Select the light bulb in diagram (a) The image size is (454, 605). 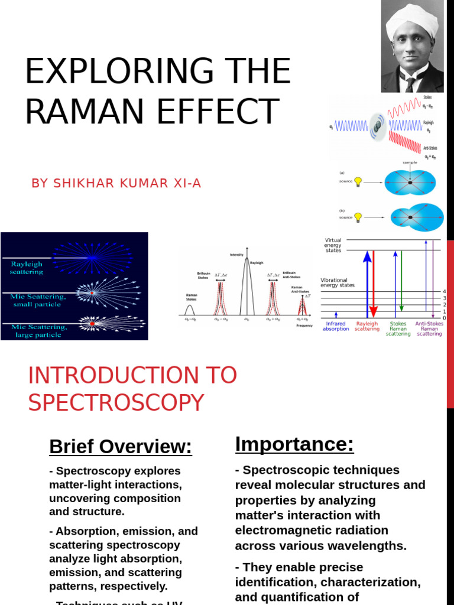358,181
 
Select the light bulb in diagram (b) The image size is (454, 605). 358,217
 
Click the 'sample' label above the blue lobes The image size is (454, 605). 410,162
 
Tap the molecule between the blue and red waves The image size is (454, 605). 377,126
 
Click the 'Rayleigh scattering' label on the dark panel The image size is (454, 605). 27,268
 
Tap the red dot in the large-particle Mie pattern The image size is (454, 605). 92,324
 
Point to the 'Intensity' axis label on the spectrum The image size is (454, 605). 236,255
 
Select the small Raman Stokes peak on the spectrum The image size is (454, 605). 190,310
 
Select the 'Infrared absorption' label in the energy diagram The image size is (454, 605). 336,326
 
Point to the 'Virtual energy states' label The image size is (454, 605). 333,245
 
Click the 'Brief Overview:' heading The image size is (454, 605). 121,447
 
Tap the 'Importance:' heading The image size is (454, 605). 294,444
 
